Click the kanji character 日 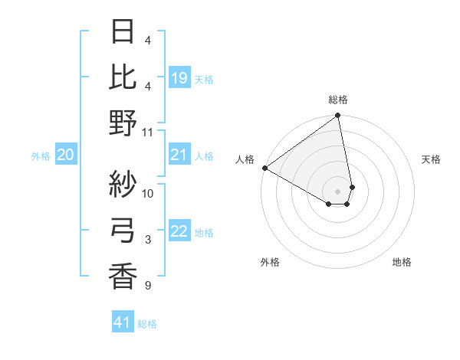123,32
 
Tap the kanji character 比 123,77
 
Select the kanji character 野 123,123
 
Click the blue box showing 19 179,77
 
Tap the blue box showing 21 179,155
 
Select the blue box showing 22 179,232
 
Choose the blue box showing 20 65,155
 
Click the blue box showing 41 123,322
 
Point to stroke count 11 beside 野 149,132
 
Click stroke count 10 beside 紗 149,193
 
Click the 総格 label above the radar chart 338,100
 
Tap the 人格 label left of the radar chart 245,159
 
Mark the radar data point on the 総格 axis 337,116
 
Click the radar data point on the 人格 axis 264,168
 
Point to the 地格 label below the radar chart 402,262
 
